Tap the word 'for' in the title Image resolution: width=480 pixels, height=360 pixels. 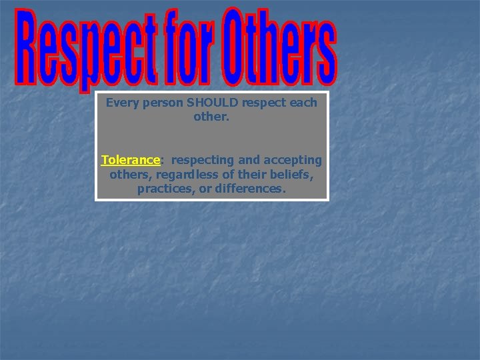[x=191, y=49]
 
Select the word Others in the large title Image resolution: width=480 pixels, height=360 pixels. [x=280, y=49]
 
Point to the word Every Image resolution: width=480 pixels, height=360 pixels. [x=121, y=103]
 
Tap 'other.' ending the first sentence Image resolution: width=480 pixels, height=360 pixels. [x=211, y=117]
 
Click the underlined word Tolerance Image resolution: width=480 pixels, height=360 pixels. [x=130, y=160]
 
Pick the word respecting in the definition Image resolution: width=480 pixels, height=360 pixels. [x=202, y=160]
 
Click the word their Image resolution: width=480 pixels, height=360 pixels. [x=254, y=175]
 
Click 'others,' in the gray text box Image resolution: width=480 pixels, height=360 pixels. [x=127, y=175]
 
